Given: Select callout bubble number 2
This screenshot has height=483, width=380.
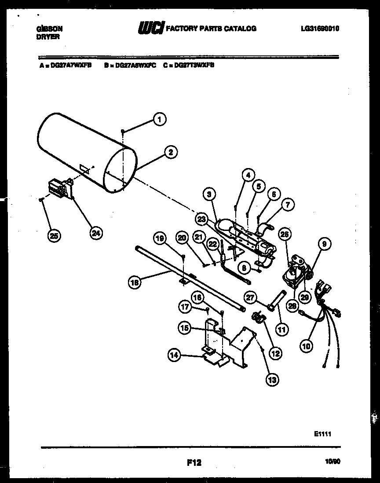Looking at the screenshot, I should [170, 152].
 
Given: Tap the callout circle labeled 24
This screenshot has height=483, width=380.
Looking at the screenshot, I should [95, 233].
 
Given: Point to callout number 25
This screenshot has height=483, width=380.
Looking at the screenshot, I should [54, 236].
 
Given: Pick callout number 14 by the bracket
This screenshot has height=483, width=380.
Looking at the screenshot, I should [175, 355].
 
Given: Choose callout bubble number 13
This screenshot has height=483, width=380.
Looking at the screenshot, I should [272, 379].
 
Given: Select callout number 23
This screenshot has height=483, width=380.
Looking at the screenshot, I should [201, 218].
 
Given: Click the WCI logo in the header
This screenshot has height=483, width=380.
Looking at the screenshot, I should [151, 29].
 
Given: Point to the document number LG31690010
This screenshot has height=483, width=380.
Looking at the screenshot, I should [320, 29].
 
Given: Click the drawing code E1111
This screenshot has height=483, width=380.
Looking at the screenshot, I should [322, 434].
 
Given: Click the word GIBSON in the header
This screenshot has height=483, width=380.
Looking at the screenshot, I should [48, 29].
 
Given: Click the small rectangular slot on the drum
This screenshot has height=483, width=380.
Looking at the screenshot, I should [84, 168].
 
